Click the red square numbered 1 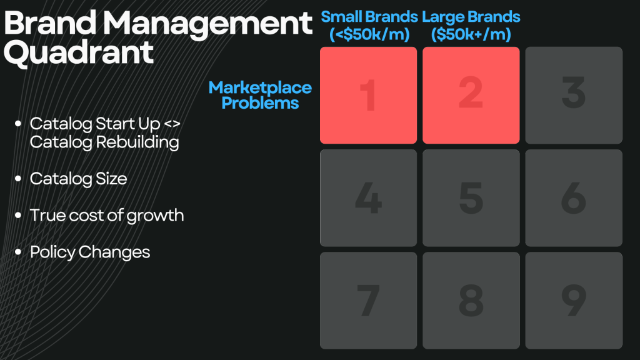point(368,95)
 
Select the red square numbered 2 point(471,95)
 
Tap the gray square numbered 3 point(574,95)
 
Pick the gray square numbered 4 point(368,198)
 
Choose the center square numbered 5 point(471,198)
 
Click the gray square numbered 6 point(574,198)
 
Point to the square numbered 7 point(368,301)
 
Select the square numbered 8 point(471,301)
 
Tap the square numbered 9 point(574,301)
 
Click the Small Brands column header point(369,25)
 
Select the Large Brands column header point(471,25)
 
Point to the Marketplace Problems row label point(260,95)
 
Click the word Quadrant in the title point(78,52)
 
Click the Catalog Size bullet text point(78,179)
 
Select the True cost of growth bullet point(107,216)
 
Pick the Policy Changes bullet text point(90,252)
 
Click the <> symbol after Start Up point(172,124)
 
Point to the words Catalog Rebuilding point(104,142)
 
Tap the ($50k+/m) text point(471,34)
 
